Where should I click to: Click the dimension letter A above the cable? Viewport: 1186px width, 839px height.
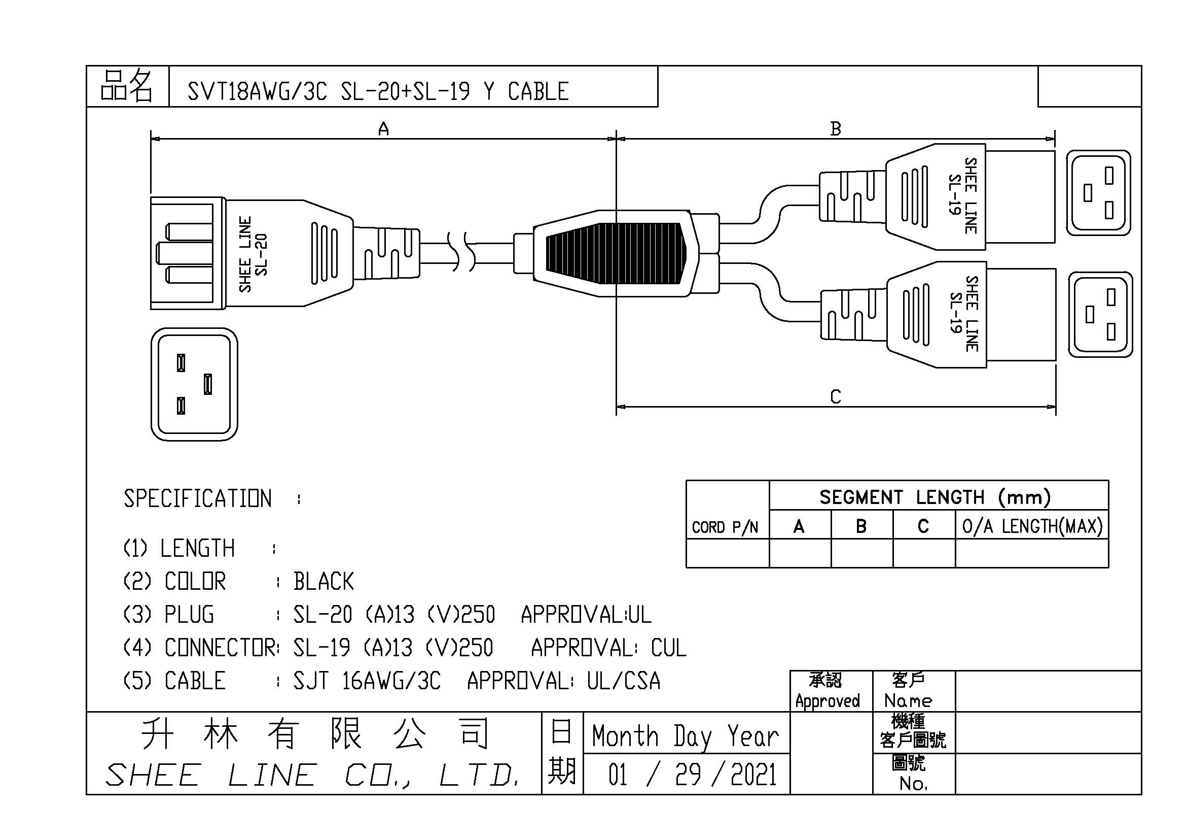click(383, 129)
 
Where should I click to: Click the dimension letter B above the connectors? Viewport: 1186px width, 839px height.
click(835, 129)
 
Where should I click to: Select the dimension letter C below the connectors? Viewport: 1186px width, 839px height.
click(835, 397)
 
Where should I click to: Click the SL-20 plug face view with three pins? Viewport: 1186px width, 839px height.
click(194, 384)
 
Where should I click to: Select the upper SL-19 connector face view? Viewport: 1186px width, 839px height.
click(1098, 193)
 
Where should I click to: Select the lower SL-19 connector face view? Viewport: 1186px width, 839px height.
click(1100, 314)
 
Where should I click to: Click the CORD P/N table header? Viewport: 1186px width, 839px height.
click(725, 527)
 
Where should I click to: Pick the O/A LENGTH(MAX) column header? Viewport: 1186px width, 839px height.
click(1032, 526)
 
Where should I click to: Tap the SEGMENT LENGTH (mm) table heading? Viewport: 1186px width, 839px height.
click(935, 497)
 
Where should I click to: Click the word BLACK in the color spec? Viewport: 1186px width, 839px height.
click(324, 582)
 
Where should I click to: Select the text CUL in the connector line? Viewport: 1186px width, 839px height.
click(668, 648)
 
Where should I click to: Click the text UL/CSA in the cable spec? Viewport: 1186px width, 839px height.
click(624, 681)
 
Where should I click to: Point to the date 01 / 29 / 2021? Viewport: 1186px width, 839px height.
click(692, 775)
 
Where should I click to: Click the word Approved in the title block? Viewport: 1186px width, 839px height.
click(827, 701)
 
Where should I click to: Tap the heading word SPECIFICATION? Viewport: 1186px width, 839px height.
click(197, 498)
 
